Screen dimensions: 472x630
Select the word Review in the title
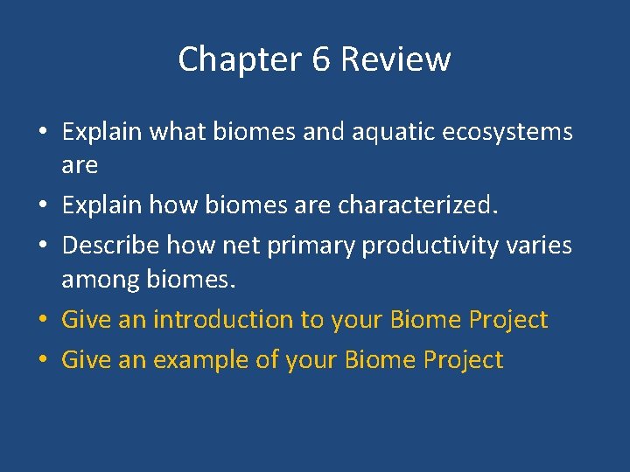point(395,60)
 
